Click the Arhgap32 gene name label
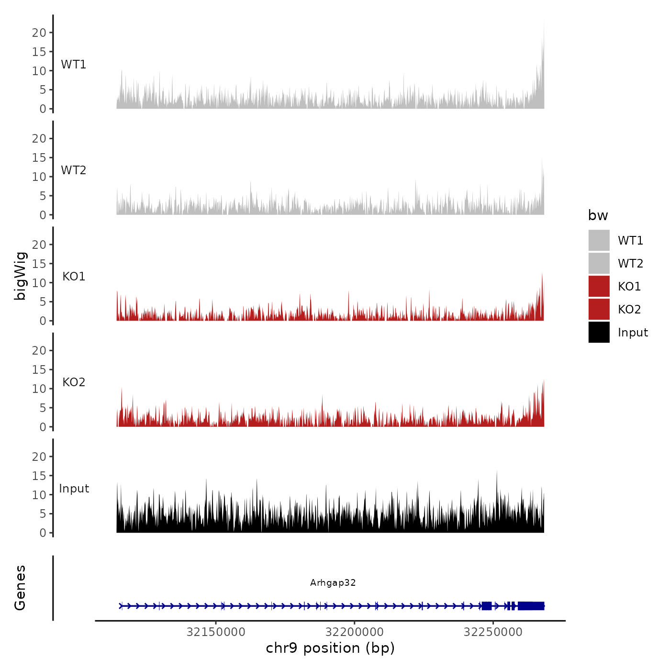click(333, 582)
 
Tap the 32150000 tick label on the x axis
click(216, 632)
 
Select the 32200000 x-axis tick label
click(355, 632)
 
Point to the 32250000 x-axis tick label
click(493, 632)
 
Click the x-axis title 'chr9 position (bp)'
click(330, 648)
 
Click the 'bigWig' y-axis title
click(20, 276)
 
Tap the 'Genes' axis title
click(20, 588)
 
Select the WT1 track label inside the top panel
click(74, 65)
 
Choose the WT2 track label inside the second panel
click(74, 170)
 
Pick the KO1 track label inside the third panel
click(74, 277)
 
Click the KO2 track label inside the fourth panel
click(74, 382)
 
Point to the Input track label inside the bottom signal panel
click(74, 489)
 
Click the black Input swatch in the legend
click(599, 332)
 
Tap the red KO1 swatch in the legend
click(599, 286)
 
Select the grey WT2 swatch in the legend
click(599, 263)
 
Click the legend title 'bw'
click(598, 215)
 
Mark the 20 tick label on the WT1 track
click(39, 33)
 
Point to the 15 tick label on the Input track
click(39, 476)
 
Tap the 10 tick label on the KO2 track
click(39, 389)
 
